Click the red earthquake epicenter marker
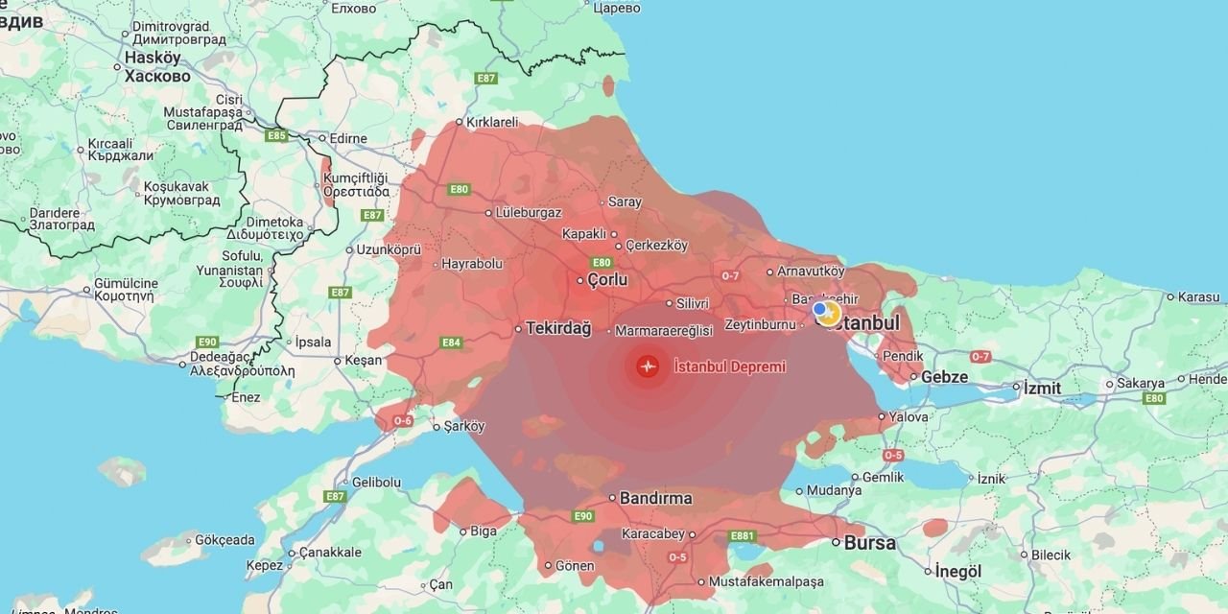[648, 366]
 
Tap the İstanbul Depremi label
[730, 366]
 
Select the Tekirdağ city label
[557, 328]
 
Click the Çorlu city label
[606, 280]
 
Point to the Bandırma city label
[656, 499]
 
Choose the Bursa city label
[870, 543]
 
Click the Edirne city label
[347, 139]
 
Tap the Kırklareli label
[491, 122]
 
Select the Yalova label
[909, 417]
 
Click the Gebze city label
[944, 377]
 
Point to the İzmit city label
[1042, 389]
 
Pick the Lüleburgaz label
[528, 213]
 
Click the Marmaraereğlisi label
[664, 331]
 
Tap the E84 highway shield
[451, 342]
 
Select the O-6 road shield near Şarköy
[403, 420]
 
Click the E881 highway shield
[743, 536]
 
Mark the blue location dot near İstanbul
[819, 309]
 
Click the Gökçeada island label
[224, 540]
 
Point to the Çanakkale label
[330, 553]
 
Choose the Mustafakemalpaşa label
[766, 581]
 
